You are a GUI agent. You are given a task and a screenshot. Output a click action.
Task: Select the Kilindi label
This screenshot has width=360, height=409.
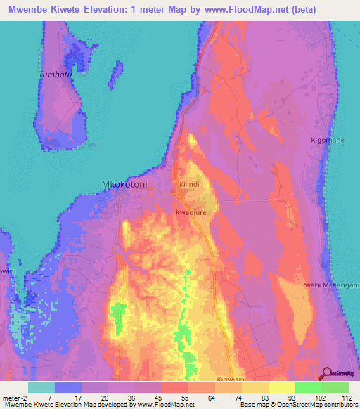click(x=190, y=184)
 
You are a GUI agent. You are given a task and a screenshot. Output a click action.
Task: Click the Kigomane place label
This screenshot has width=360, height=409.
click(x=327, y=141)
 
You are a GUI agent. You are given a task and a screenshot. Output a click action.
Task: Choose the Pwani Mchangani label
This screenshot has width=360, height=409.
click(x=330, y=285)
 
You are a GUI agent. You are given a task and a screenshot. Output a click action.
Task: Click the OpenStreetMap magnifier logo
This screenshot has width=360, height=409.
click(x=326, y=373)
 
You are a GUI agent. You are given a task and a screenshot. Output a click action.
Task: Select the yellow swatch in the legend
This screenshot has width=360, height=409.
click(x=281, y=387)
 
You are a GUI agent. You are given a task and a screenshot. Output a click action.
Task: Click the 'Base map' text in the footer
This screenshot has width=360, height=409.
click(x=253, y=405)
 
